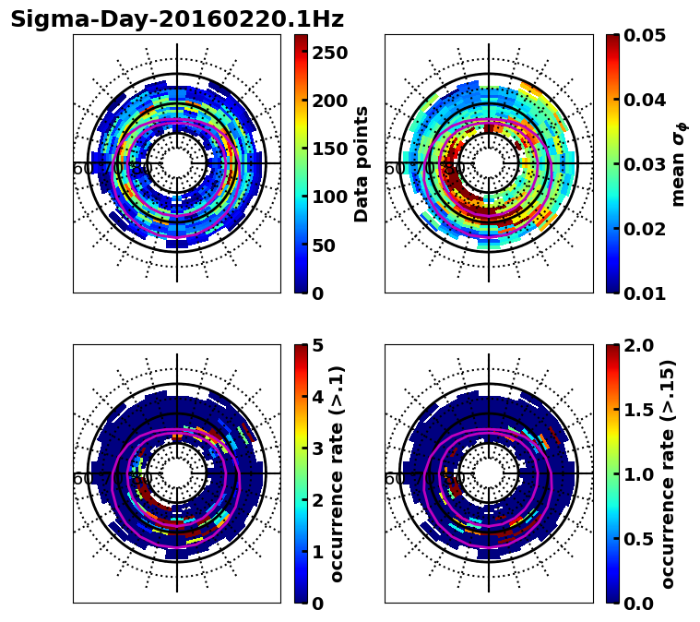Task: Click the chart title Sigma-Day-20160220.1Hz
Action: click(x=177, y=19)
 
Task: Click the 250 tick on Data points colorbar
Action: click(x=329, y=54)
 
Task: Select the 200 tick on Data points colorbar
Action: click(x=329, y=102)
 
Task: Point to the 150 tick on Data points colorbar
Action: click(x=329, y=150)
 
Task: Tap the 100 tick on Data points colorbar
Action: click(x=329, y=197)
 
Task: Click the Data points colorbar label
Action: click(x=362, y=163)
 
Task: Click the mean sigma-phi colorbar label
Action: click(x=678, y=164)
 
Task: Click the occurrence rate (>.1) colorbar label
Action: click(x=338, y=473)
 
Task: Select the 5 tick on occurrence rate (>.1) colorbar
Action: click(x=316, y=345)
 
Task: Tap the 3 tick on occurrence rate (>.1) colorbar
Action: click(x=316, y=449)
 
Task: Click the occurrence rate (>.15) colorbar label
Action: click(x=668, y=473)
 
